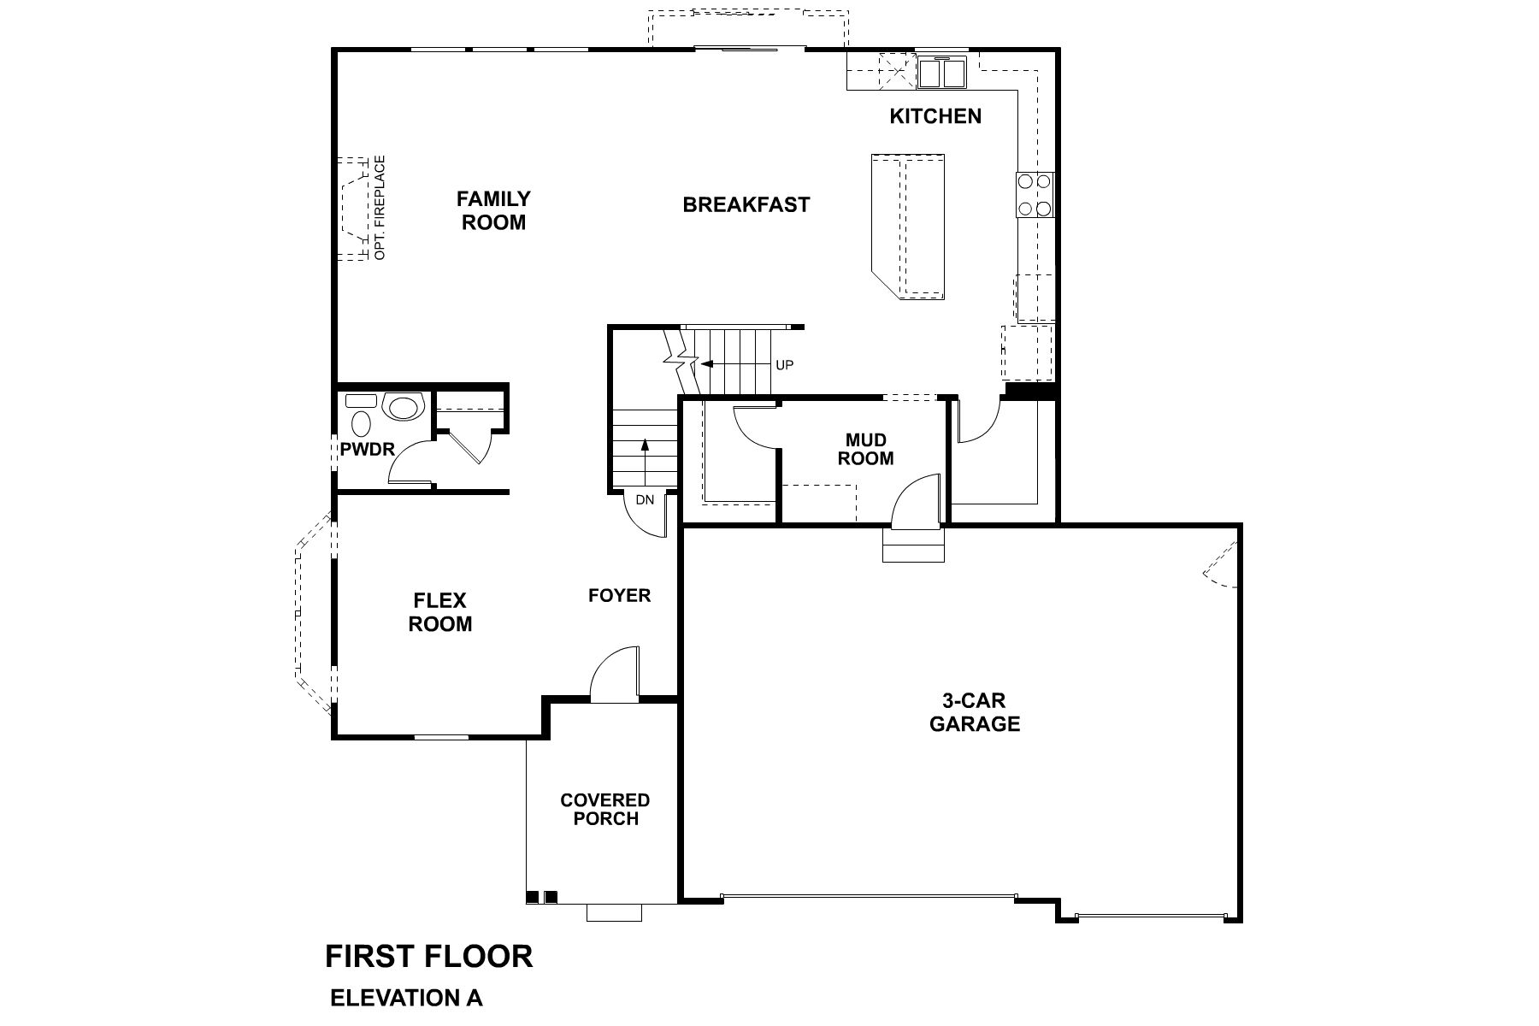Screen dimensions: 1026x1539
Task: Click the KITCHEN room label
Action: click(x=935, y=116)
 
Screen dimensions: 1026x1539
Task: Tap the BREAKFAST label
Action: click(x=746, y=205)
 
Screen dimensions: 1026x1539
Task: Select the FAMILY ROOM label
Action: click(x=493, y=210)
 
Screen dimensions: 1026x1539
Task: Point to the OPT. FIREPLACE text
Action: click(x=380, y=208)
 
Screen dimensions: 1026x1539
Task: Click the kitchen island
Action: click(x=909, y=226)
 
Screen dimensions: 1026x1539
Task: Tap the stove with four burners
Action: click(x=1033, y=194)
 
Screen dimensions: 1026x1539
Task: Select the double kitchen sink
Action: click(x=941, y=72)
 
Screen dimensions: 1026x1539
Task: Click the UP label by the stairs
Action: click(x=784, y=365)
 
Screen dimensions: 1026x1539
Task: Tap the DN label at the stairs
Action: click(x=645, y=499)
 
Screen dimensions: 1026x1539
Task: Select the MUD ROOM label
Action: click(x=865, y=450)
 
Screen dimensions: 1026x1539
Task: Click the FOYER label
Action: click(x=619, y=595)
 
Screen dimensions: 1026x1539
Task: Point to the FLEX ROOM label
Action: click(x=439, y=612)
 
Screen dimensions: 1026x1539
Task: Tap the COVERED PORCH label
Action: click(x=604, y=810)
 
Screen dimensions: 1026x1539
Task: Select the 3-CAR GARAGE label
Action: click(x=975, y=712)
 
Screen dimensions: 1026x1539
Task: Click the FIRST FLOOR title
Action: click(x=428, y=956)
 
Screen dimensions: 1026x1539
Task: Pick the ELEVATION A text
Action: click(x=406, y=998)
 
